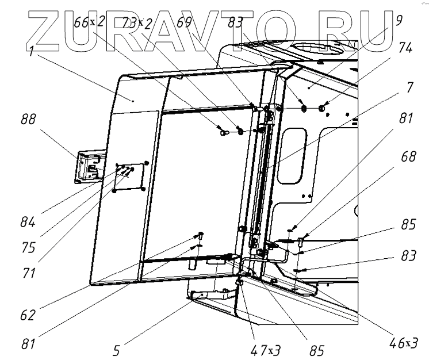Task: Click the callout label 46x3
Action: [x=403, y=343]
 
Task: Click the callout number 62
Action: [x=28, y=315]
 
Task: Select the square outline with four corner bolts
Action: [x=131, y=177]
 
